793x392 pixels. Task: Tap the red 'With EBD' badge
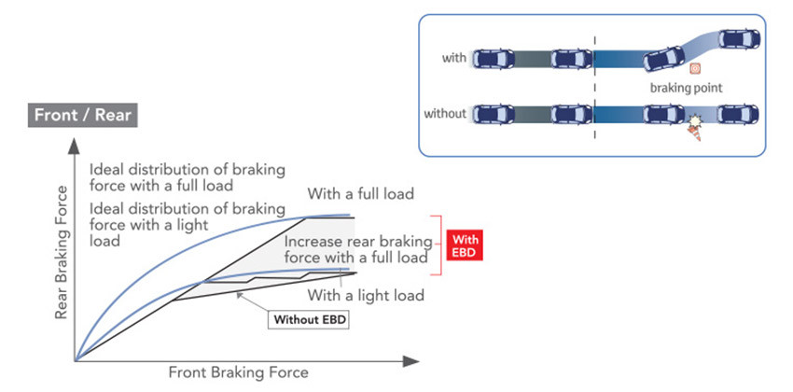click(x=465, y=245)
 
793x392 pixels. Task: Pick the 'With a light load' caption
click(x=366, y=295)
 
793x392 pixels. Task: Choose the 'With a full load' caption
click(x=359, y=195)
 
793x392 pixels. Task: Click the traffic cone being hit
click(x=694, y=132)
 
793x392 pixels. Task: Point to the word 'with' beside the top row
click(x=453, y=58)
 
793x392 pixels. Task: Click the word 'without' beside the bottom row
click(x=446, y=114)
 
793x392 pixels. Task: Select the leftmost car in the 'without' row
click(x=493, y=115)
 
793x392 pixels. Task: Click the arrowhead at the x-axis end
click(x=412, y=358)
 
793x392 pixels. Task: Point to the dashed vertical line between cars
click(x=594, y=84)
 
